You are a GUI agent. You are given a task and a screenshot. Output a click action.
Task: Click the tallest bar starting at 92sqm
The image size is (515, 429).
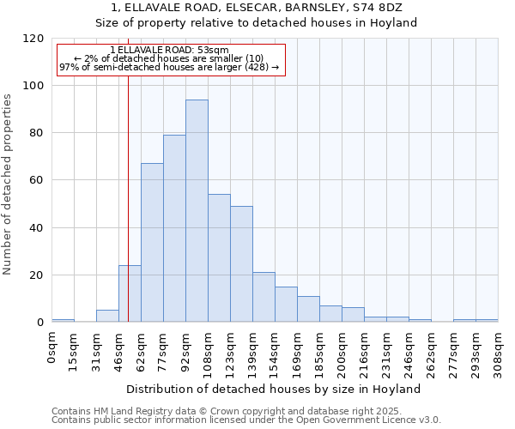pos(197,211)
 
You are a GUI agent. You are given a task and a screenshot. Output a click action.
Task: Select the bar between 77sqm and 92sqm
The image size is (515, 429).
pos(174,228)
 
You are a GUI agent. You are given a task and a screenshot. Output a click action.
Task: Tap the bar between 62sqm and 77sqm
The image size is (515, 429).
pos(152,243)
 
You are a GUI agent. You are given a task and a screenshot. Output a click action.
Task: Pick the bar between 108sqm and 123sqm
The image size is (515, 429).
pos(219,258)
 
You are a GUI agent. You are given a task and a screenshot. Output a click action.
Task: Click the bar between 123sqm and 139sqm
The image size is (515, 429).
pos(241,264)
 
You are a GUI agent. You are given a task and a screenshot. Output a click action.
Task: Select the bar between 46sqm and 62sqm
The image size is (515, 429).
pos(130,294)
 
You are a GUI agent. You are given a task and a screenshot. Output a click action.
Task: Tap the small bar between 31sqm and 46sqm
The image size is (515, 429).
pos(107,316)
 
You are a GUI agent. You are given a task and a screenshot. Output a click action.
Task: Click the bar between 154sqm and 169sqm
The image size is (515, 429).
pos(286,305)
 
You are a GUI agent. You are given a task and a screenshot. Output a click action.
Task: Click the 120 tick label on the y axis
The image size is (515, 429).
pos(33,39)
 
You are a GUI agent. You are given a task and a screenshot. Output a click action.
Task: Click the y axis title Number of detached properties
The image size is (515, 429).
pos(9,184)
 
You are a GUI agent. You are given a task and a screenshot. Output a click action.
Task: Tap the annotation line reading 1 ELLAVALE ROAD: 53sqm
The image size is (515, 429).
pos(169,50)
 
